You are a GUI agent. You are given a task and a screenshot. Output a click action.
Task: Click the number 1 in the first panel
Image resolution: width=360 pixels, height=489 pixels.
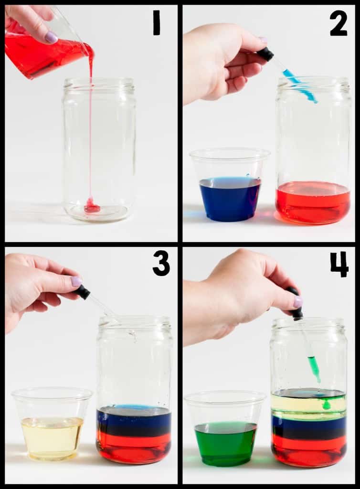pos(156,22)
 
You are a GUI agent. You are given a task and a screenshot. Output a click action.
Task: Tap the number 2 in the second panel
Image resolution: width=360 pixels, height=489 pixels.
pos(339,23)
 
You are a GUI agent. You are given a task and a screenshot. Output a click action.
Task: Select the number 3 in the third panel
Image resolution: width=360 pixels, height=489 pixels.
pos(161,264)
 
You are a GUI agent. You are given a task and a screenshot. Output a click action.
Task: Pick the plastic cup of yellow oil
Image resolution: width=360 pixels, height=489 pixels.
pos(52,424)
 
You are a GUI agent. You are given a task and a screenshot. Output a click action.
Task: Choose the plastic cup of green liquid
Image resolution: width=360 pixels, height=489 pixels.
pos(225,429)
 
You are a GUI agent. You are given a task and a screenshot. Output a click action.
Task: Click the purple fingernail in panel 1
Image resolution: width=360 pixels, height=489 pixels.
pos(51,37)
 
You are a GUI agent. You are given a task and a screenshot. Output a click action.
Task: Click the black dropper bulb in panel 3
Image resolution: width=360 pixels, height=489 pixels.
pos(84,293)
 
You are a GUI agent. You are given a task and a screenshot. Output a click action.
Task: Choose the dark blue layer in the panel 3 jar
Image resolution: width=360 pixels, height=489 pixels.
pos(134,421)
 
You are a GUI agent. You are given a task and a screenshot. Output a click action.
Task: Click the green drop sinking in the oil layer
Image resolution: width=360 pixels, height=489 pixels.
pos(326,405)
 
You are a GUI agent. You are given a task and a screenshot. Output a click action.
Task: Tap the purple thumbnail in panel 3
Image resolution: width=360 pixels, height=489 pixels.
pos(76,281)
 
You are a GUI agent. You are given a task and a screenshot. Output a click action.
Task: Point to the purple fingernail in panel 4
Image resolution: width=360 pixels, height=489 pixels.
pos(298,302)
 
